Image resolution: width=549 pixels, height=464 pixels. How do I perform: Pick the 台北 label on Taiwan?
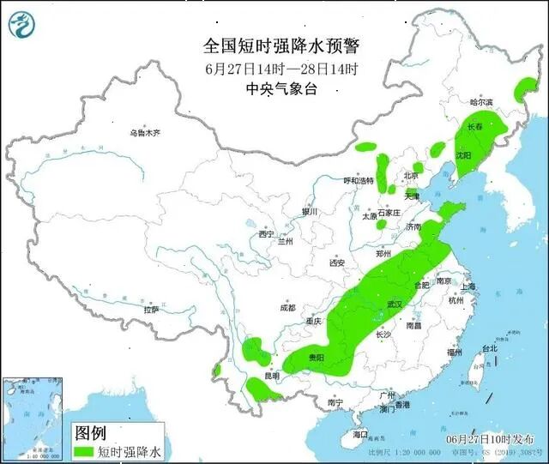(x=488, y=348)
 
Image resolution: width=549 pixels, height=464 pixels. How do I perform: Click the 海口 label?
(x=359, y=435)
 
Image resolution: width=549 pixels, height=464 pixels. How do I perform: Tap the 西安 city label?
(x=335, y=262)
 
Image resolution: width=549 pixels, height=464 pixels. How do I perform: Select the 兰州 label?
(x=285, y=242)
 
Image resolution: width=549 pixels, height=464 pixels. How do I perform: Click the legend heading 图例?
(x=91, y=431)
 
